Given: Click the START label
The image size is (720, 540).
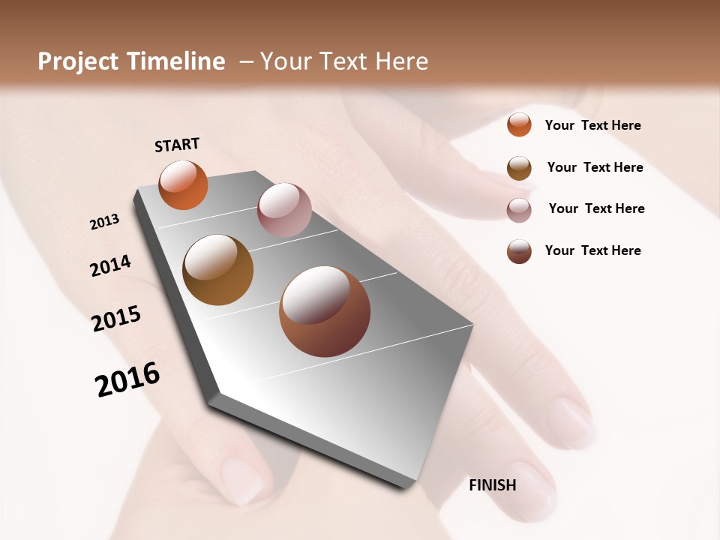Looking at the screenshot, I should pos(177,145).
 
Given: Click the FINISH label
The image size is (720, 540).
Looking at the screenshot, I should pos(492,485).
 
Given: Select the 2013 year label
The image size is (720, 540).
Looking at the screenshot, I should pos(104,221).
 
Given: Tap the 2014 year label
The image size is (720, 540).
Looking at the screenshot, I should pos(110,265).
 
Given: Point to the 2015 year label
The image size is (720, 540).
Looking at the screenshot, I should pos(116,318).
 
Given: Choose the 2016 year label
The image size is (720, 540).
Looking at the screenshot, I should pos(127,379).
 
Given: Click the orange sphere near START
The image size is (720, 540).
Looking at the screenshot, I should pos(183,184).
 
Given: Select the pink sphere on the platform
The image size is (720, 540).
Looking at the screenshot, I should pos(284,209).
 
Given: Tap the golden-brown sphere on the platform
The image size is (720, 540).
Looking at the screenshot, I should pos(217,270).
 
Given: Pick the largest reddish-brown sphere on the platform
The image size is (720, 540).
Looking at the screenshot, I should pos(325,311).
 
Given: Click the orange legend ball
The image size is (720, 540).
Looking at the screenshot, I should pos(519,124).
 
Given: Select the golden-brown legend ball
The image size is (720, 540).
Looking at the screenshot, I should pos(519,168).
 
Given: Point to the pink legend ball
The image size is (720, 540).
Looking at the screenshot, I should pos(519,210).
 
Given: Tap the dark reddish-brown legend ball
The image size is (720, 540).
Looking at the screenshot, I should pos(519,251).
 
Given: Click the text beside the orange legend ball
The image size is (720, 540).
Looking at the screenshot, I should pos(592,125).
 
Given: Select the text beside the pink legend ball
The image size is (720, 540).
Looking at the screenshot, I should pos(596,208).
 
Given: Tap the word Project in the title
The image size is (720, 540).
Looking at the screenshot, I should pos(78,61).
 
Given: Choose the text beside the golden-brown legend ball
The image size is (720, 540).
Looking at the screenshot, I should pos(595,167).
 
